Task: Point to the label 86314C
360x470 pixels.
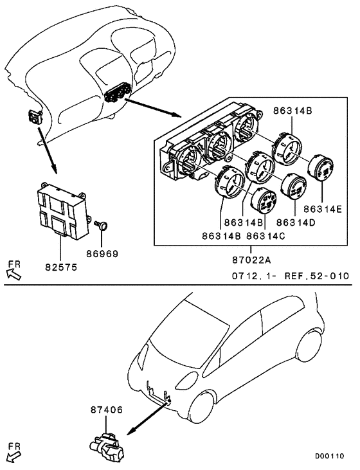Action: [265, 236]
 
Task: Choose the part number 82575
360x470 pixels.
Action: [61, 265]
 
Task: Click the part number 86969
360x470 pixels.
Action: [103, 253]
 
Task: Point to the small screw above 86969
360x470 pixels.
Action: [102, 225]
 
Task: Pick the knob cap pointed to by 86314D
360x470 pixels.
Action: [293, 186]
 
